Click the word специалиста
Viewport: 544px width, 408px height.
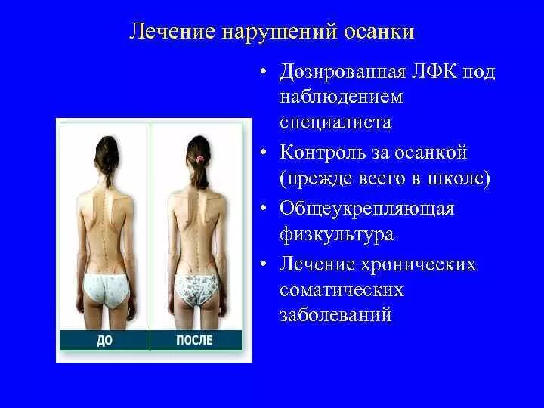[x=336, y=122]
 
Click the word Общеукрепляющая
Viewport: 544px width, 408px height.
[x=367, y=208]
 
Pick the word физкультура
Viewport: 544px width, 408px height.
[x=337, y=234]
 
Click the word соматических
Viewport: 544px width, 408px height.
[x=342, y=289]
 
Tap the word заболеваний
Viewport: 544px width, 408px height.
[x=336, y=315]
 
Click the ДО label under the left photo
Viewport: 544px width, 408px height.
[x=104, y=340]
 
